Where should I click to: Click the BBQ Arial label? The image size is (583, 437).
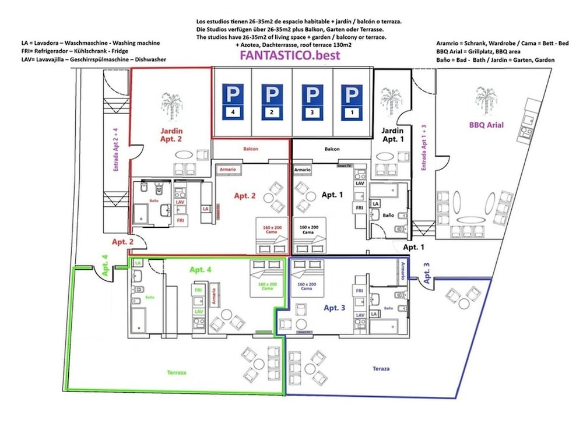486,125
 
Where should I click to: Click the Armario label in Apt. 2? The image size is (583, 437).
228,169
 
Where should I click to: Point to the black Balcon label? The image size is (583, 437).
332,149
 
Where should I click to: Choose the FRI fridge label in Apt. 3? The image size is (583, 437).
359,290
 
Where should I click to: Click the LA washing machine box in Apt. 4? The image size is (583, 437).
138,263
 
